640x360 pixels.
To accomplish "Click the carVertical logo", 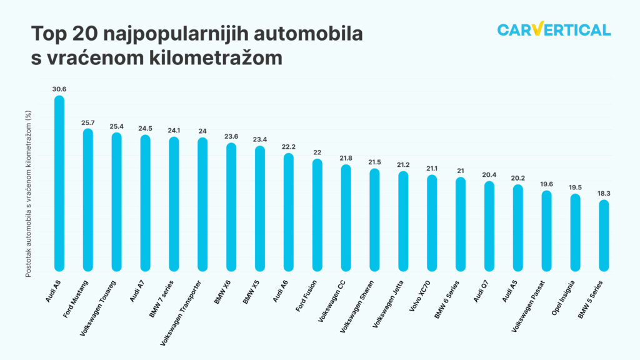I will point(554,29).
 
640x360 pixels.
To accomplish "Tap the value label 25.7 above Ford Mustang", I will point(88,122).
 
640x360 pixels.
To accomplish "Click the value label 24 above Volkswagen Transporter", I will point(202,131).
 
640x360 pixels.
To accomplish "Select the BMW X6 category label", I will point(222,292).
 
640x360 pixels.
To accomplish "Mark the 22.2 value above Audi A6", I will point(289,146).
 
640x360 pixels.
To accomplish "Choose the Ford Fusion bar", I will point(317,215).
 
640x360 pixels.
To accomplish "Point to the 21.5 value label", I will point(374,162).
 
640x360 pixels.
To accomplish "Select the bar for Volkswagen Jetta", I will point(403,221).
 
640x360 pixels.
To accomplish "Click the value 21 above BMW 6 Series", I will point(461,171).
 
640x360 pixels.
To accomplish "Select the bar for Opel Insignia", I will point(576,232).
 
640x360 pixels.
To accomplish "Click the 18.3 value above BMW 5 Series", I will point(604,193).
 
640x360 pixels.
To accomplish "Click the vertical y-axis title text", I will point(27,194).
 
